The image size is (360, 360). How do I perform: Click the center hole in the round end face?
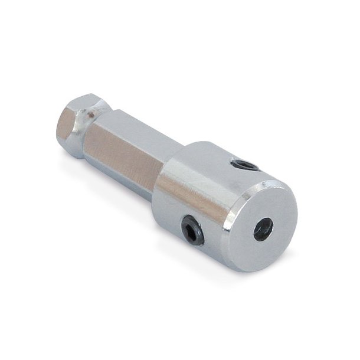coord(263,229)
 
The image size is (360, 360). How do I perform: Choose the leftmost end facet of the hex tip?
coord(66,126)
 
